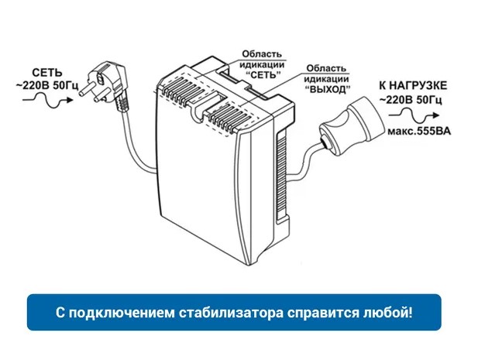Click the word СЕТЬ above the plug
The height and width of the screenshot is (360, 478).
tap(47, 73)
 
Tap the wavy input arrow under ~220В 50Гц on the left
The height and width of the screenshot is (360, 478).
tap(48, 100)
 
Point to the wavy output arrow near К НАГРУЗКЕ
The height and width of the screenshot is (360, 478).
tap(414, 115)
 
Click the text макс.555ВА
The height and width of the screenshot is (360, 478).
tap(419, 132)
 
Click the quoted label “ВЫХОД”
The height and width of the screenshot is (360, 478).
tap(327, 90)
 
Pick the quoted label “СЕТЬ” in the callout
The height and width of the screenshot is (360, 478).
tap(262, 74)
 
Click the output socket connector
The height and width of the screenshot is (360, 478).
tap(350, 125)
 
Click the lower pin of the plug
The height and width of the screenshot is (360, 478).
tap(99, 95)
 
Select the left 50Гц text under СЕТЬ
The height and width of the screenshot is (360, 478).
tap(66, 85)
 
